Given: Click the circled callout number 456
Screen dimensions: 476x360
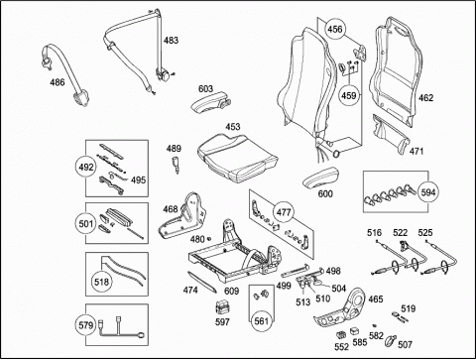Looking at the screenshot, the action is coord(335,29).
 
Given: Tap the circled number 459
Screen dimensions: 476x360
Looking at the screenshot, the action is coord(349,95).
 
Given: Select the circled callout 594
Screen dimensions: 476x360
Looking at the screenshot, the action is coord(428,192).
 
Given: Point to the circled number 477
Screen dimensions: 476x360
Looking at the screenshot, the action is coord(284,212).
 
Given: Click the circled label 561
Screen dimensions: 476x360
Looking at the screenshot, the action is coord(262,320).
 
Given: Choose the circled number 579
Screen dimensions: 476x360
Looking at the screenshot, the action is coord(86,325).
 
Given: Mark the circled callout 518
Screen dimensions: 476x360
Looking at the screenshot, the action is coord(101,282).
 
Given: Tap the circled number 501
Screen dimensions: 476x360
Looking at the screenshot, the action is coord(86,223).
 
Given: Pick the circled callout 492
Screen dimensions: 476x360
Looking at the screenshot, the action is coord(86,168).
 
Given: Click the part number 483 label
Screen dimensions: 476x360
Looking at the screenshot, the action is coord(171,41).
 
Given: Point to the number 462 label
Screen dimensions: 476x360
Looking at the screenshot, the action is coord(425,98).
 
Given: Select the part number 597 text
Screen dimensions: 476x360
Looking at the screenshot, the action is coord(222,321).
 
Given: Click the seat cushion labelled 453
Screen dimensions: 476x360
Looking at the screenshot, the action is coord(237,155).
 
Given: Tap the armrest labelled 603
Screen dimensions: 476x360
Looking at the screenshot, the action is coord(210,103).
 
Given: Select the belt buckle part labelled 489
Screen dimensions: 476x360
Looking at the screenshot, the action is coord(175,164).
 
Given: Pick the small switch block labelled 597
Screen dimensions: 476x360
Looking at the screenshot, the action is coord(222,307).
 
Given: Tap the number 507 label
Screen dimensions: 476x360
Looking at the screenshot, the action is coord(405,345).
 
